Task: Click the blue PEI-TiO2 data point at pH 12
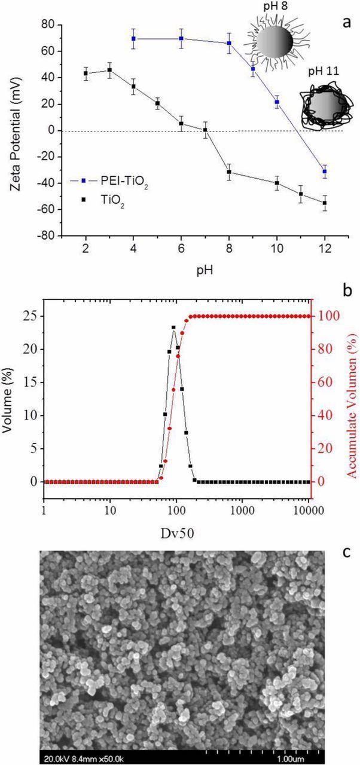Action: point(325,172)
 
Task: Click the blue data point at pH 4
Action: point(133,39)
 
